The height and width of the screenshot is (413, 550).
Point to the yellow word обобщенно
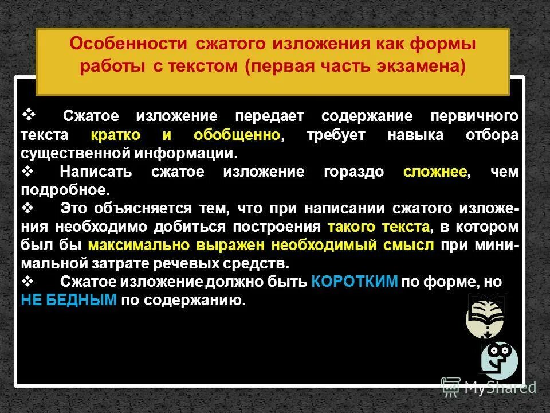237,135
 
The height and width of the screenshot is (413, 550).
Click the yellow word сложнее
435,172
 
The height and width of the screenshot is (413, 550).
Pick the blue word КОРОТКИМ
355,282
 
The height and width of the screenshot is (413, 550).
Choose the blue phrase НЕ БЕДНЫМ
69,299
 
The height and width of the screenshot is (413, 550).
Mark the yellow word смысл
411,245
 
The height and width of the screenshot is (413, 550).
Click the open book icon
487,313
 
